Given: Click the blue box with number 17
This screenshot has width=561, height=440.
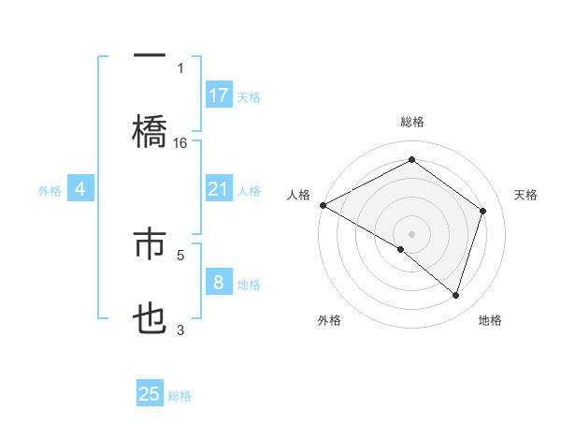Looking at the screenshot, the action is click(219, 95).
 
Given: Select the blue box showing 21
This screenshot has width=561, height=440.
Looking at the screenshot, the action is click(219, 189).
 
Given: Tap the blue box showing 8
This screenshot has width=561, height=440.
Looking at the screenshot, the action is click(219, 283).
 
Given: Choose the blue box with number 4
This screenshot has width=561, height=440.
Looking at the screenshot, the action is click(80, 189).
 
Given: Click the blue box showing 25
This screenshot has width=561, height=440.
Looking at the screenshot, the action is click(150, 394).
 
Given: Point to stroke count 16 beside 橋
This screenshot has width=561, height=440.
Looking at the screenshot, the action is click(180, 143).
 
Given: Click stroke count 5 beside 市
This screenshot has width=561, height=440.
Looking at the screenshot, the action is click(180, 253).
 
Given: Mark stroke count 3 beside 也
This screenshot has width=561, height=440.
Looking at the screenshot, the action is click(180, 329).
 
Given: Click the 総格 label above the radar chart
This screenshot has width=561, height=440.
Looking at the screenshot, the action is click(412, 122).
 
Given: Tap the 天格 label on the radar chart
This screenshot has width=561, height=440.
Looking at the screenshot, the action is click(526, 195).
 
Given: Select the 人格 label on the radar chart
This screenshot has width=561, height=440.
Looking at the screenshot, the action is click(298, 195).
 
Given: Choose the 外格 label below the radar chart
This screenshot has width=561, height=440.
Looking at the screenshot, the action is click(329, 321).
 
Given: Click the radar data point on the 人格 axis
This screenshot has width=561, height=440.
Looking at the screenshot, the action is click(323, 205).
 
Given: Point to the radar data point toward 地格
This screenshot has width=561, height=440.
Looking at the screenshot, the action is click(456, 296).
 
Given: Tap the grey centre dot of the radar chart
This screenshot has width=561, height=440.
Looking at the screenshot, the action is click(411, 233).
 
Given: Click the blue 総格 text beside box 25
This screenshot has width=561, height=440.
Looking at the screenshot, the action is click(180, 396).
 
